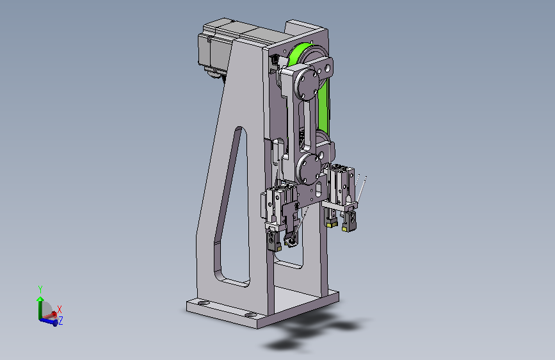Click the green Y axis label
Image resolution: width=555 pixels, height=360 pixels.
tap(40, 290)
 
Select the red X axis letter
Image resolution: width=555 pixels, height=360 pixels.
tap(60, 309)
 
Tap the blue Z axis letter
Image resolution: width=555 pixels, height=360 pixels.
tap(61, 321)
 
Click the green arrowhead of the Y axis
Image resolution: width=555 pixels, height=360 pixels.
tap(40, 299)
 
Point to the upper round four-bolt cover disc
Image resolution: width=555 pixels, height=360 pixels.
tap(307, 85)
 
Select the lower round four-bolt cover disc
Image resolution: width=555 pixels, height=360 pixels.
tap(309, 168)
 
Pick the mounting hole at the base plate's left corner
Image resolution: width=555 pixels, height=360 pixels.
tap(203, 303)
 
